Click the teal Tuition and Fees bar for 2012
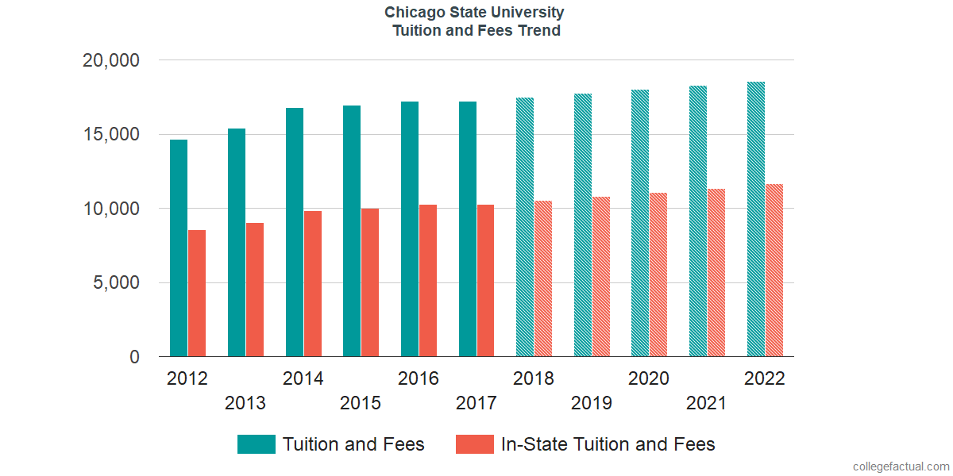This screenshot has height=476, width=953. pyautogui.click(x=179, y=248)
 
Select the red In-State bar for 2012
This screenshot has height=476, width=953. pyautogui.click(x=197, y=294)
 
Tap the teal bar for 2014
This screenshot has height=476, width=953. pyautogui.click(x=294, y=232)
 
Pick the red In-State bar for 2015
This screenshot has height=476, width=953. pyautogui.click(x=370, y=282)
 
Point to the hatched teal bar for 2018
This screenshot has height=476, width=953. pyautogui.click(x=525, y=227)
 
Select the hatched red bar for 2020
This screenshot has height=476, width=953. pyautogui.click(x=658, y=274)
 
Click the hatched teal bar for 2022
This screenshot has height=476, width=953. pyautogui.click(x=755, y=219)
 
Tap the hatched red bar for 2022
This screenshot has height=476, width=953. pyautogui.click(x=774, y=271)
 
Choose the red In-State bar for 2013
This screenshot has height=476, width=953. pyautogui.click(x=255, y=290)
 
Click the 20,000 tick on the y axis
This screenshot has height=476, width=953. pyautogui.click(x=111, y=60)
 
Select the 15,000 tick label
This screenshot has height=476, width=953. pyautogui.click(x=111, y=135)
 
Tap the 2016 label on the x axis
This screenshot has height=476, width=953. pyautogui.click(x=419, y=378)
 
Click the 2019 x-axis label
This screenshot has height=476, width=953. pyautogui.click(x=592, y=404)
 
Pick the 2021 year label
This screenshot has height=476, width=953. pyautogui.click(x=707, y=404)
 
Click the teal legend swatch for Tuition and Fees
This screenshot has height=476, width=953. pyautogui.click(x=256, y=444)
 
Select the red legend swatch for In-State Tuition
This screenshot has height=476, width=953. pyautogui.click(x=475, y=444)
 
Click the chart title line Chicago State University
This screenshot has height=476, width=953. pyautogui.click(x=475, y=13)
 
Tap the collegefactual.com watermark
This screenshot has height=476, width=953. pyautogui.click(x=901, y=466)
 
